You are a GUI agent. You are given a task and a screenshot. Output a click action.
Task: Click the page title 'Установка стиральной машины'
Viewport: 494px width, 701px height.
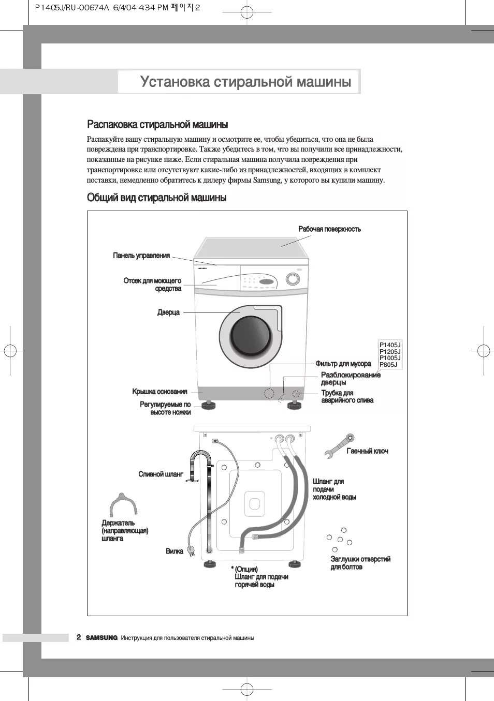click(x=245, y=82)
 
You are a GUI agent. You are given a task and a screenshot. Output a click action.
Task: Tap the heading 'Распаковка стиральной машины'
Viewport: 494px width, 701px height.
click(x=157, y=125)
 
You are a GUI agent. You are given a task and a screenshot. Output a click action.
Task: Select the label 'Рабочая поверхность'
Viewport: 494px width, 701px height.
click(x=329, y=229)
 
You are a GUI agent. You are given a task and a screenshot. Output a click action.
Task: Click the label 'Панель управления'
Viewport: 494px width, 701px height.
click(x=141, y=256)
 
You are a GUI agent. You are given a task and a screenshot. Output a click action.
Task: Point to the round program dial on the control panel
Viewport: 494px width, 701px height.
click(x=293, y=279)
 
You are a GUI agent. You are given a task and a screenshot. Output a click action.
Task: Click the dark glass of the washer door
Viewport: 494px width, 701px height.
click(x=251, y=336)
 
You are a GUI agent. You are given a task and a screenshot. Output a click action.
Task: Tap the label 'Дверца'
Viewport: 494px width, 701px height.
click(x=169, y=312)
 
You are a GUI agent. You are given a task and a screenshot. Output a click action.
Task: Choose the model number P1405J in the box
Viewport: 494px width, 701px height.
click(x=390, y=345)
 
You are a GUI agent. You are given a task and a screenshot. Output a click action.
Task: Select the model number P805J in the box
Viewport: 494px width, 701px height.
click(x=388, y=365)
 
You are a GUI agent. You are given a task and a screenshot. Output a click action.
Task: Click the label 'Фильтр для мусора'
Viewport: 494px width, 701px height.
click(x=343, y=364)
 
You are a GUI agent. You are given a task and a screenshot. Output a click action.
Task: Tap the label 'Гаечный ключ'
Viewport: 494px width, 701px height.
click(x=367, y=451)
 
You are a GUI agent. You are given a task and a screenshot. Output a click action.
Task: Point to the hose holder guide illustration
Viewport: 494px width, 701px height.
click(x=123, y=504)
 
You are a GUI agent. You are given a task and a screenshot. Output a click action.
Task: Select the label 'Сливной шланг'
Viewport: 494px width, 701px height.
click(x=161, y=474)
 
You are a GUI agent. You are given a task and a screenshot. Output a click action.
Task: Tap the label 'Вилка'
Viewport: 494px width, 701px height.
click(x=175, y=551)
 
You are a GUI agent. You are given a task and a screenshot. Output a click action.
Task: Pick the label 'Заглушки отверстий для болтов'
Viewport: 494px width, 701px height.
click(x=360, y=563)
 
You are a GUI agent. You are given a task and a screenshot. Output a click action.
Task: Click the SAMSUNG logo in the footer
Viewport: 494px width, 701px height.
click(x=101, y=638)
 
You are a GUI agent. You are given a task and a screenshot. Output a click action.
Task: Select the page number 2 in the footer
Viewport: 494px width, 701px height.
click(x=79, y=637)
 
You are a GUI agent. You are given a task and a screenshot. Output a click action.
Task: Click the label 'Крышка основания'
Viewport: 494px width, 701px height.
click(x=159, y=392)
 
